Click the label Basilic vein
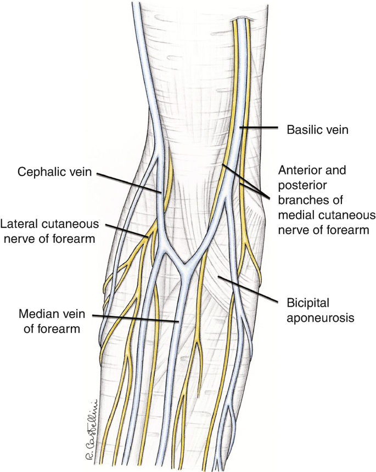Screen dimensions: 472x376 pyautogui.click(x=318, y=130)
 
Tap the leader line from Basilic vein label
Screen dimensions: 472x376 pyautogui.click(x=261, y=128)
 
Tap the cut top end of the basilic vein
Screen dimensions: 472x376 pyautogui.click(x=242, y=20)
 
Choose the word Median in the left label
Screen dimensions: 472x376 pyautogui.click(x=37, y=315)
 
